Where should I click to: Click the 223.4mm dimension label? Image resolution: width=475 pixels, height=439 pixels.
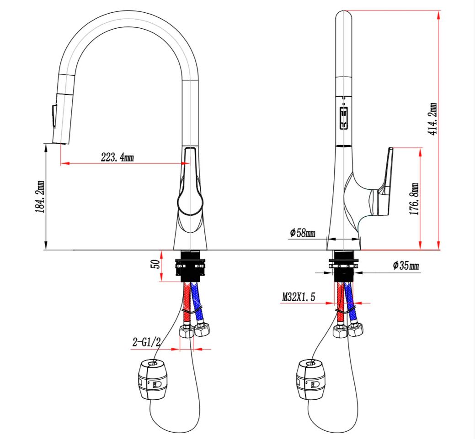tap(117, 157)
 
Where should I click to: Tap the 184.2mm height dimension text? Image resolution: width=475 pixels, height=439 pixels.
tap(40, 197)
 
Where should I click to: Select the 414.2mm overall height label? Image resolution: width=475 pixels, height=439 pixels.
tap(432, 119)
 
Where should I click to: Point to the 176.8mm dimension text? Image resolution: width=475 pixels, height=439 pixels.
tap(414, 199)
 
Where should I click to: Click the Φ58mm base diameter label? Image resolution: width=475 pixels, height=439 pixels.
tap(302, 233)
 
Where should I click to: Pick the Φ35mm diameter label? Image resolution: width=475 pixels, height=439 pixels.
tap(406, 266)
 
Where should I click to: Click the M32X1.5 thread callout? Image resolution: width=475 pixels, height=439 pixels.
tap(299, 297)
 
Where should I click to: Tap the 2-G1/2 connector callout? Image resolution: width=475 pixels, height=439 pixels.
tap(146, 342)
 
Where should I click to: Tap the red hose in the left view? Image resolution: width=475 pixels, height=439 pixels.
tap(187, 303)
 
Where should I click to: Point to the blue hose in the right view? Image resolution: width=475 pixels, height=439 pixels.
tap(352, 303)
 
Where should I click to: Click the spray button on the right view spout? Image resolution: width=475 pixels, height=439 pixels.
tap(343, 118)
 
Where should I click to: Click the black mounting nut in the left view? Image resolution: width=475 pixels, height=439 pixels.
tap(190, 266)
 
